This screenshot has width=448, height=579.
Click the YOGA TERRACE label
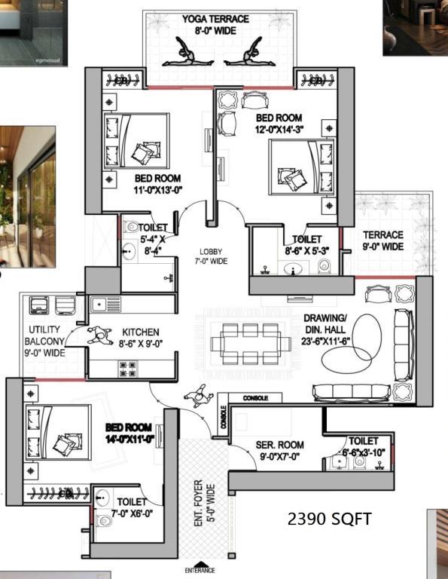(x=215, y=19)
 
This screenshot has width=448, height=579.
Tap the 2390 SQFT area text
(x=329, y=519)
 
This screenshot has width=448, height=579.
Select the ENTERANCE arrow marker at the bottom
(x=200, y=564)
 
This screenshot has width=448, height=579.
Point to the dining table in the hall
(x=251, y=344)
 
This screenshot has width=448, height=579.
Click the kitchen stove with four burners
(x=128, y=369)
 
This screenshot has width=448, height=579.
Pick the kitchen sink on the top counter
(x=105, y=305)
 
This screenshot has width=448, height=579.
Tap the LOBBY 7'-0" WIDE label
(x=211, y=256)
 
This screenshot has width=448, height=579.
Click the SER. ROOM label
(x=280, y=445)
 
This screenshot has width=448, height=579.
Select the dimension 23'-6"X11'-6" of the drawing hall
(x=325, y=341)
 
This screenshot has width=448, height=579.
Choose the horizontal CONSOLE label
(x=255, y=398)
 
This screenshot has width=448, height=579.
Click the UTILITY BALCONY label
(x=44, y=335)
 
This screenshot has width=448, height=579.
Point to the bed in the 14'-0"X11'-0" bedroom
(x=58, y=432)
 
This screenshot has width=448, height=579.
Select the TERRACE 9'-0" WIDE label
(x=383, y=240)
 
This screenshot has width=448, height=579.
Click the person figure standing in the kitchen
(x=99, y=335)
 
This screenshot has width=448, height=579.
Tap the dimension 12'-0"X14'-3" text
(x=279, y=130)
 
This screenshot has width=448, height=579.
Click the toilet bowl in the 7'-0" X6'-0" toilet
(x=104, y=521)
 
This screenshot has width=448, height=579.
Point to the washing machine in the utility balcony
(x=39, y=305)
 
